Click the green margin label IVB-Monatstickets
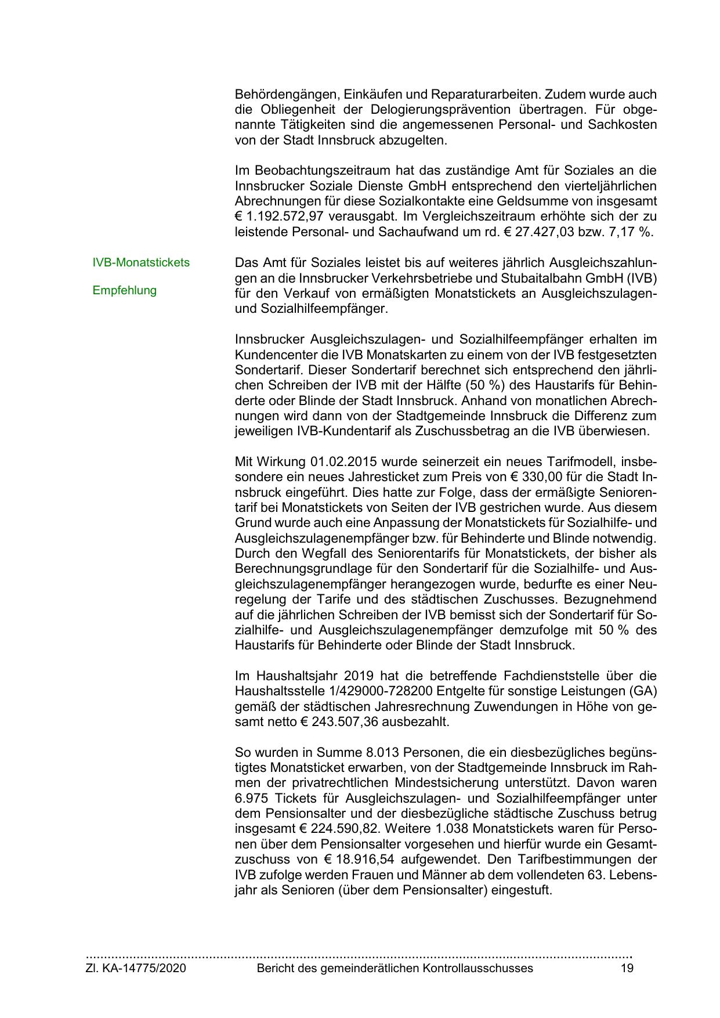click(x=141, y=262)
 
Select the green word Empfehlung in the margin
click(x=124, y=290)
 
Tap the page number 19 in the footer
click(x=627, y=968)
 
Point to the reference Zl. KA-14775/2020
click(x=136, y=968)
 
